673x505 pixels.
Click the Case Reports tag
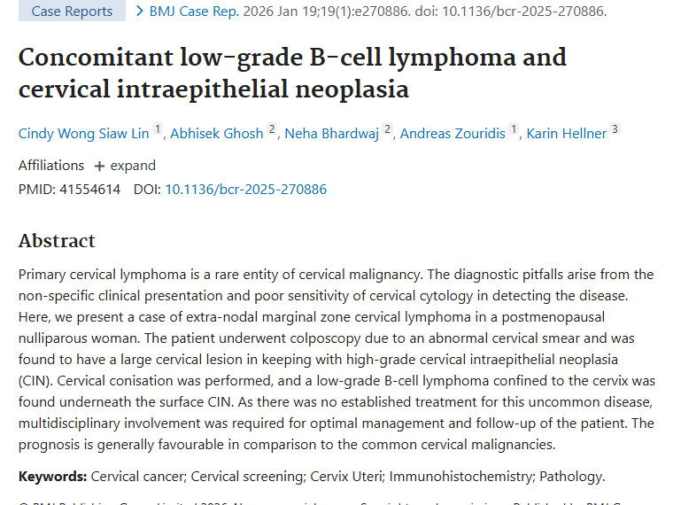tap(72, 12)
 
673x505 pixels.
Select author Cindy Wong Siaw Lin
tap(84, 134)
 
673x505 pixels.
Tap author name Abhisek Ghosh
tap(216, 134)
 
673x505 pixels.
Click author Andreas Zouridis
tap(453, 134)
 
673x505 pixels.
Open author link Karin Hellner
tap(567, 134)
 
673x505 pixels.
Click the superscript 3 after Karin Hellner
tap(615, 129)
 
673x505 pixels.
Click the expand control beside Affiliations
tap(125, 166)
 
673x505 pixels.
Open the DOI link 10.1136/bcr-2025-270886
tap(246, 189)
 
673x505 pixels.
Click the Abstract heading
tap(57, 241)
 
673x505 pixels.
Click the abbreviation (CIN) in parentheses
tap(35, 380)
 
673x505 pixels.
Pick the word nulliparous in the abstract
tap(56, 338)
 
